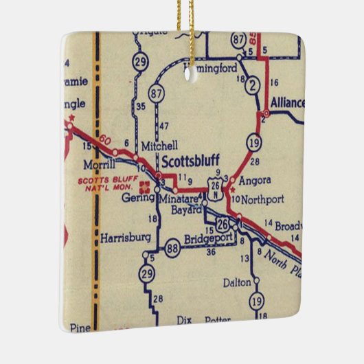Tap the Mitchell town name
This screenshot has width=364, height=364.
point(159,146)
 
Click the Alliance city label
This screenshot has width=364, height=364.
point(288,103)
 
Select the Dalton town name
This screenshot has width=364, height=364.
point(238,282)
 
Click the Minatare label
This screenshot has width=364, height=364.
point(179,198)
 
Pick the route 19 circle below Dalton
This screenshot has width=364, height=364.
point(256,299)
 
